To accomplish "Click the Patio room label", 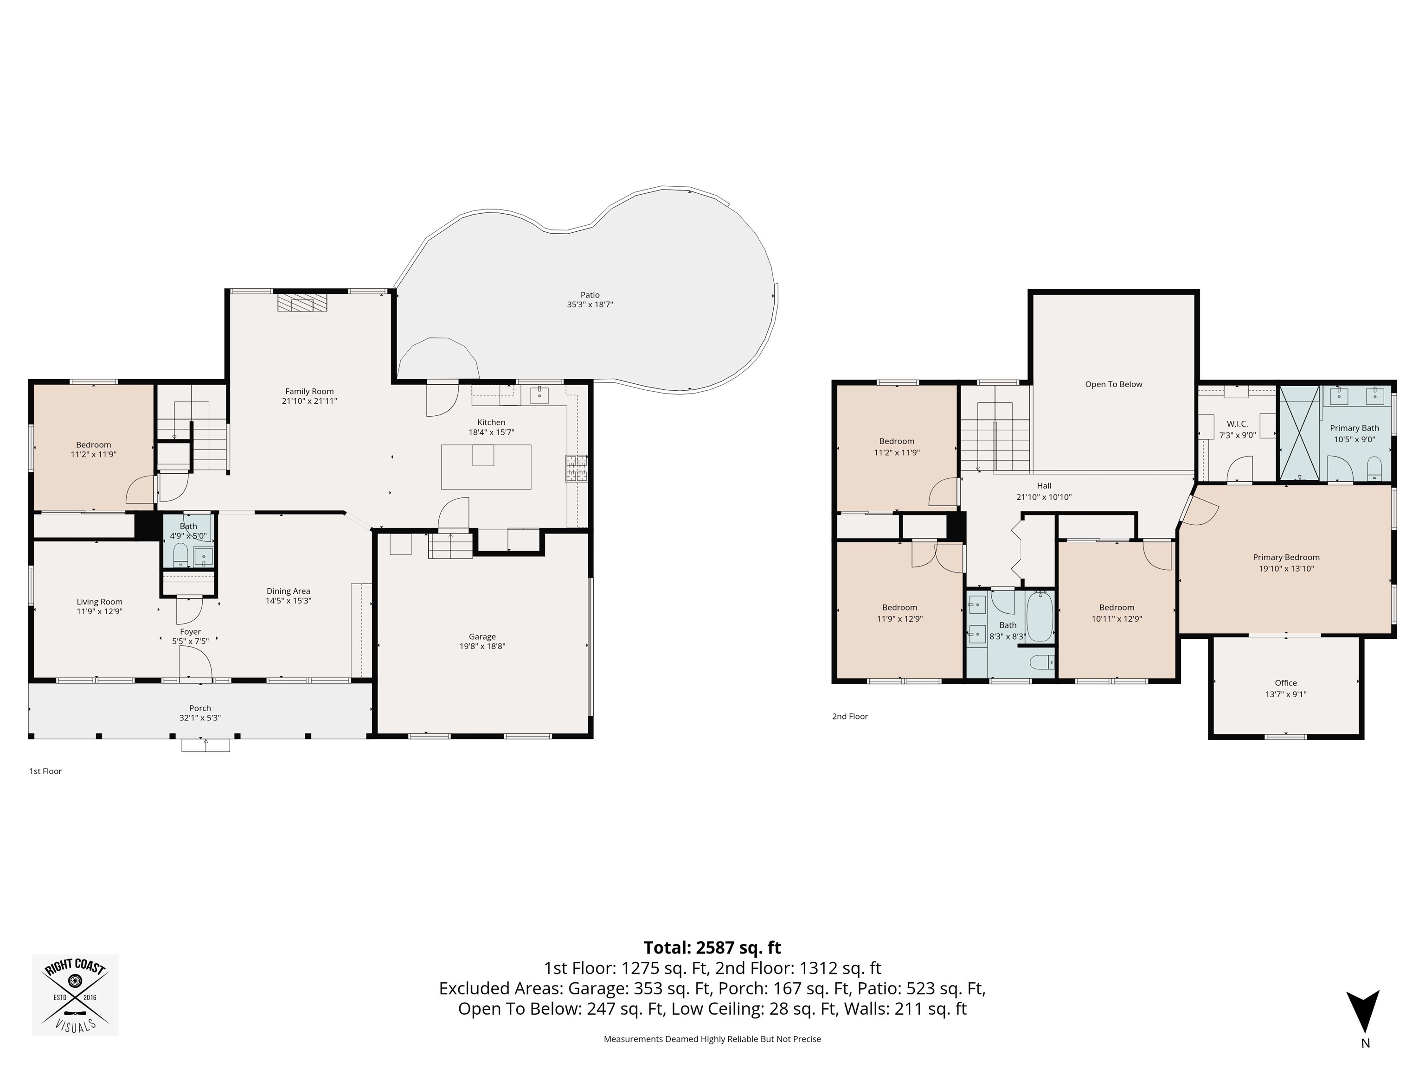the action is click(590, 295).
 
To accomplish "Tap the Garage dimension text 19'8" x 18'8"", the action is click(482, 646).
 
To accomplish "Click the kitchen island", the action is click(486, 467).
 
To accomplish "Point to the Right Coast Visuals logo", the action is click(75, 995).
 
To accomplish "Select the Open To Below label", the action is click(1113, 384).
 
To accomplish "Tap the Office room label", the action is click(1286, 683).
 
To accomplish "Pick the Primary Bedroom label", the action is click(1286, 558).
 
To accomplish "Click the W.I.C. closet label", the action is click(1238, 424).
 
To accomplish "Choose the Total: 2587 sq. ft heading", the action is click(712, 947).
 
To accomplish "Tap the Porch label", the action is click(200, 708).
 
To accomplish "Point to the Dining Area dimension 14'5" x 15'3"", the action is click(288, 601).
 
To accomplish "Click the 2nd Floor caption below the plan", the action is click(850, 717).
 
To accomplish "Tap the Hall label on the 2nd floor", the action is click(1044, 486).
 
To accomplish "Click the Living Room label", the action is click(99, 602).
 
